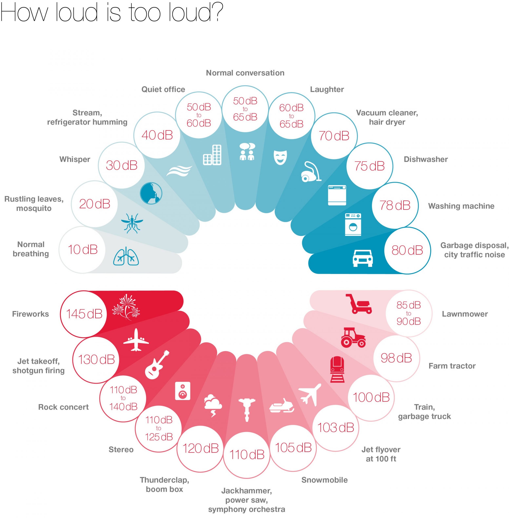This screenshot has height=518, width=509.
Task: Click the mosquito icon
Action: pyautogui.click(x=132, y=223)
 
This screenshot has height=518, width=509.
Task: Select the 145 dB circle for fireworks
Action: pyautogui.click(x=83, y=314)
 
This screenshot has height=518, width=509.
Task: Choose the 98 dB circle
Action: pyautogui.click(x=396, y=358)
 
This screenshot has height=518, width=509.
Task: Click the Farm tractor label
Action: pyautogui.click(x=452, y=366)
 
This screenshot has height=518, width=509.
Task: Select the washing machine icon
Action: pyautogui.click(x=353, y=224)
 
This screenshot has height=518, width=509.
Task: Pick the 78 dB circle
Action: pyautogui.click(x=395, y=205)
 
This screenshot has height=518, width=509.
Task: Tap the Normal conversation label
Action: pyautogui.click(x=245, y=73)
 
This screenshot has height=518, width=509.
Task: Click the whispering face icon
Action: pyautogui.click(x=151, y=193)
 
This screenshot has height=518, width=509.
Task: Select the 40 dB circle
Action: pyautogui.click(x=157, y=135)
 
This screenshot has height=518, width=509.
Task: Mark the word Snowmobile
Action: pyautogui.click(x=325, y=480)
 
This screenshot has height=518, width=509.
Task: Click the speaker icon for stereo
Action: pyautogui.click(x=183, y=391)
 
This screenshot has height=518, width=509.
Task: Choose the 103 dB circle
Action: pyautogui.click(x=335, y=428)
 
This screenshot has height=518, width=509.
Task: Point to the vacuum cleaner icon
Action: pyautogui.click(x=311, y=172)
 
